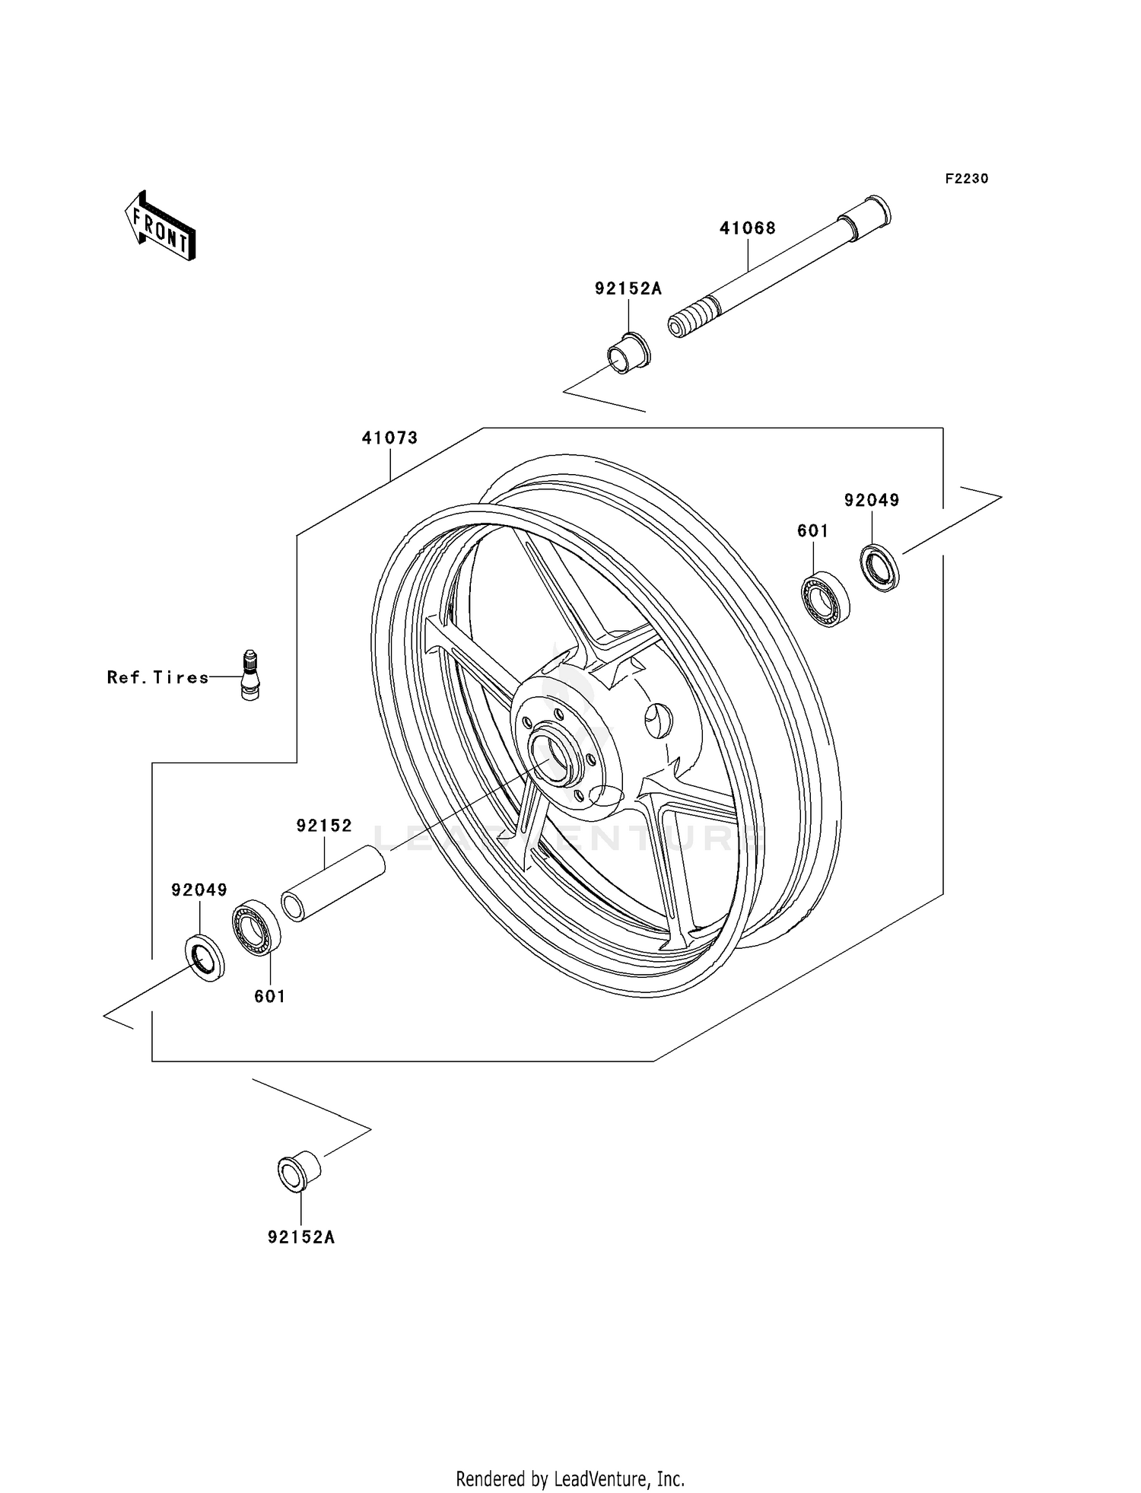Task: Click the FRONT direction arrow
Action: pyautogui.click(x=161, y=227)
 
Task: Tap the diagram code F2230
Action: pyautogui.click(x=966, y=179)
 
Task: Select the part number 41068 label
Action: pyautogui.click(x=748, y=228)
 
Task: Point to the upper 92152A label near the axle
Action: pyautogui.click(x=628, y=289)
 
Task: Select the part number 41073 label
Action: pyautogui.click(x=389, y=438)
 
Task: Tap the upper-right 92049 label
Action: pyautogui.click(x=872, y=501)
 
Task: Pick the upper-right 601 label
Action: pyautogui.click(x=812, y=531)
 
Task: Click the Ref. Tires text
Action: pyautogui.click(x=157, y=677)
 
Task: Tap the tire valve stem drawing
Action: pyautogui.click(x=249, y=675)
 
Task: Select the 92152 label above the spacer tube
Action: pyautogui.click(x=324, y=826)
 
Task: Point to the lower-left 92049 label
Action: pyautogui.click(x=199, y=890)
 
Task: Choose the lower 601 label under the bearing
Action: pyautogui.click(x=269, y=996)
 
